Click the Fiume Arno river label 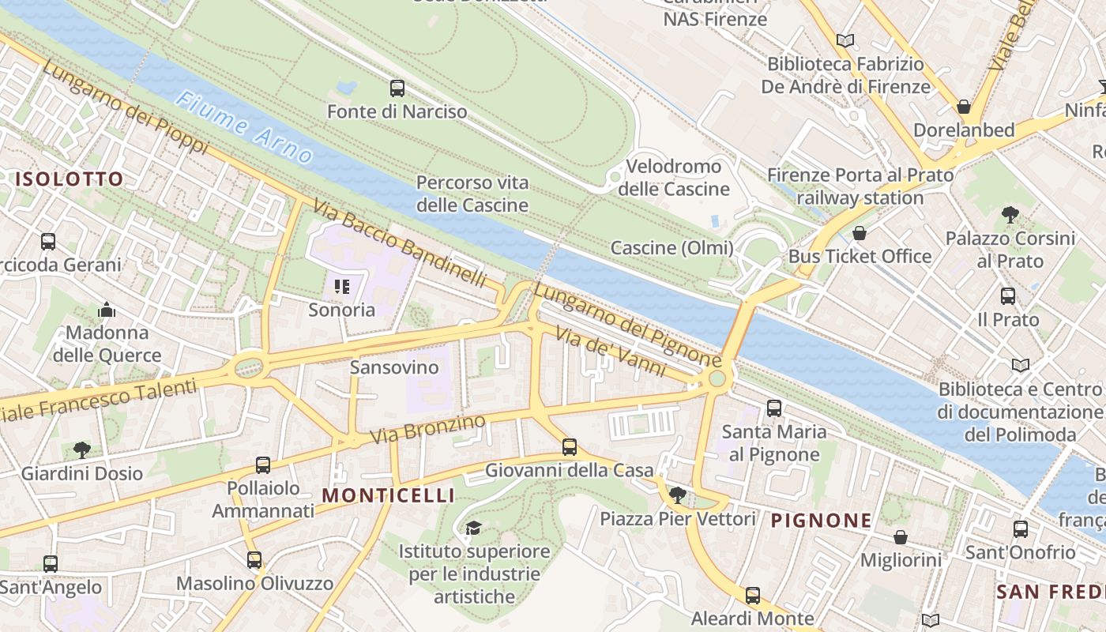coord(244,126)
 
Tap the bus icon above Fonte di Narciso coord(397,88)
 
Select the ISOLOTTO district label coord(70,179)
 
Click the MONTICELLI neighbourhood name coord(389,495)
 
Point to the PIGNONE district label coord(822,521)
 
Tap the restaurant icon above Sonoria coord(342,286)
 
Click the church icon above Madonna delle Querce coord(107,310)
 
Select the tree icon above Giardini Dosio coord(81,450)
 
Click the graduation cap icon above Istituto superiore coord(473,528)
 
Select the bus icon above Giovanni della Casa coord(570,447)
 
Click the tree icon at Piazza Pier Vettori coord(677,495)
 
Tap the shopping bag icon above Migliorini coord(900,537)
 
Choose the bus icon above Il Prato coord(1008,296)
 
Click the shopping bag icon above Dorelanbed coord(964,106)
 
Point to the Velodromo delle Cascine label coord(673,178)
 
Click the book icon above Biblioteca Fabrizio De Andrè coord(845,40)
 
